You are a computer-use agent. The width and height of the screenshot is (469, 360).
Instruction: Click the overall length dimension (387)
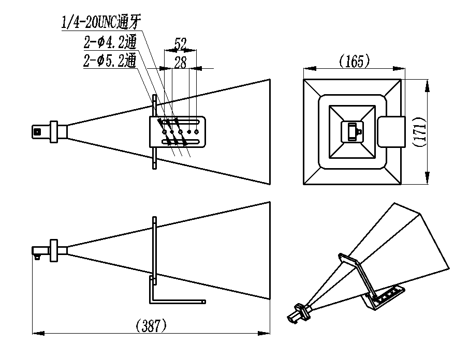[151, 325]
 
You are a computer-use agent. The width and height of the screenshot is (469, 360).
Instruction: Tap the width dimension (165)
[355, 61]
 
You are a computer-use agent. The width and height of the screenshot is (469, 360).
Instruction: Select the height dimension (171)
[420, 131]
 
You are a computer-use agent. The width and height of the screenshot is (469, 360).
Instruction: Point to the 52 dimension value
[180, 44]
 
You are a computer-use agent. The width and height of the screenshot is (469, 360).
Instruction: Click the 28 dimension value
[180, 63]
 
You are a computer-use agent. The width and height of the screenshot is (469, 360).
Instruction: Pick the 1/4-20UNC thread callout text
[101, 22]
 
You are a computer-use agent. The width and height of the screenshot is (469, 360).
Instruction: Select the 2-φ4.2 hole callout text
[110, 42]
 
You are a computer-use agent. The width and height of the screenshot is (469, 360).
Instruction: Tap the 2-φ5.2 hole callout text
[110, 61]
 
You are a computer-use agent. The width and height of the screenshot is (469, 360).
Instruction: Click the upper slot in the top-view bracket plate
[181, 122]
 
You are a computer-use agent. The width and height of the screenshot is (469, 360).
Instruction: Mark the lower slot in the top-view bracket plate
[181, 142]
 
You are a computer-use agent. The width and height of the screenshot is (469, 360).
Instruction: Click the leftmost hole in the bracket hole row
[164, 132]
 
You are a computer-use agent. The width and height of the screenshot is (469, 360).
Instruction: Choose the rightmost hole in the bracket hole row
[197, 132]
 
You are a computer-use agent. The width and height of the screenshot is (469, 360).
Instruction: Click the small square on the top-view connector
[37, 131]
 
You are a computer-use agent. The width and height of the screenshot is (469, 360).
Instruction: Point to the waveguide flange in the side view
[54, 251]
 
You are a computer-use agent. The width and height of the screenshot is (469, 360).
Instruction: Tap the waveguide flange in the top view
[54, 132]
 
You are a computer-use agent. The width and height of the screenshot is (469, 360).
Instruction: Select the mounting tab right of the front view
[391, 132]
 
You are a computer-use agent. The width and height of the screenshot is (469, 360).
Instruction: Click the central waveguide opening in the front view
[353, 131]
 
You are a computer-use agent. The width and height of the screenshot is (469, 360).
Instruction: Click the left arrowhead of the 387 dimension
[38, 333]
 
